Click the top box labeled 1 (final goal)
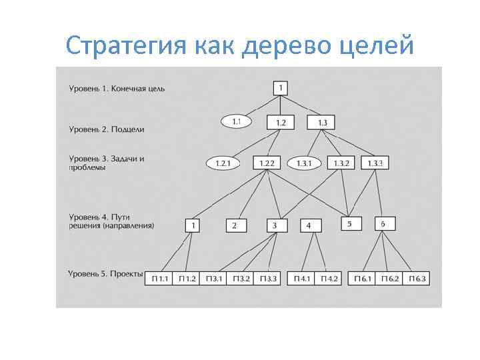pyautogui.click(x=281, y=88)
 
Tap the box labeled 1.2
pyautogui.click(x=281, y=123)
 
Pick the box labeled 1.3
pyautogui.click(x=321, y=123)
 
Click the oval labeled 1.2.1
pyautogui.click(x=223, y=163)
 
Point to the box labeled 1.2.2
pyautogui.click(x=267, y=163)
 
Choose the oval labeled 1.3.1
pyautogui.click(x=304, y=163)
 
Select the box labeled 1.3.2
pyautogui.click(x=341, y=163)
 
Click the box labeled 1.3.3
pyautogui.click(x=375, y=163)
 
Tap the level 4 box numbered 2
pyautogui.click(x=235, y=226)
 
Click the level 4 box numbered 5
pyautogui.click(x=350, y=224)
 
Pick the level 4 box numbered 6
pyautogui.click(x=383, y=224)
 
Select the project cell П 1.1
pyautogui.click(x=160, y=278)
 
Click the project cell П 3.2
pyautogui.click(x=242, y=278)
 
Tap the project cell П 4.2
pyautogui.click(x=329, y=278)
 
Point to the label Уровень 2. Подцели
pyautogui.click(x=106, y=129)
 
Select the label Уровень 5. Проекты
pyautogui.click(x=106, y=274)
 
